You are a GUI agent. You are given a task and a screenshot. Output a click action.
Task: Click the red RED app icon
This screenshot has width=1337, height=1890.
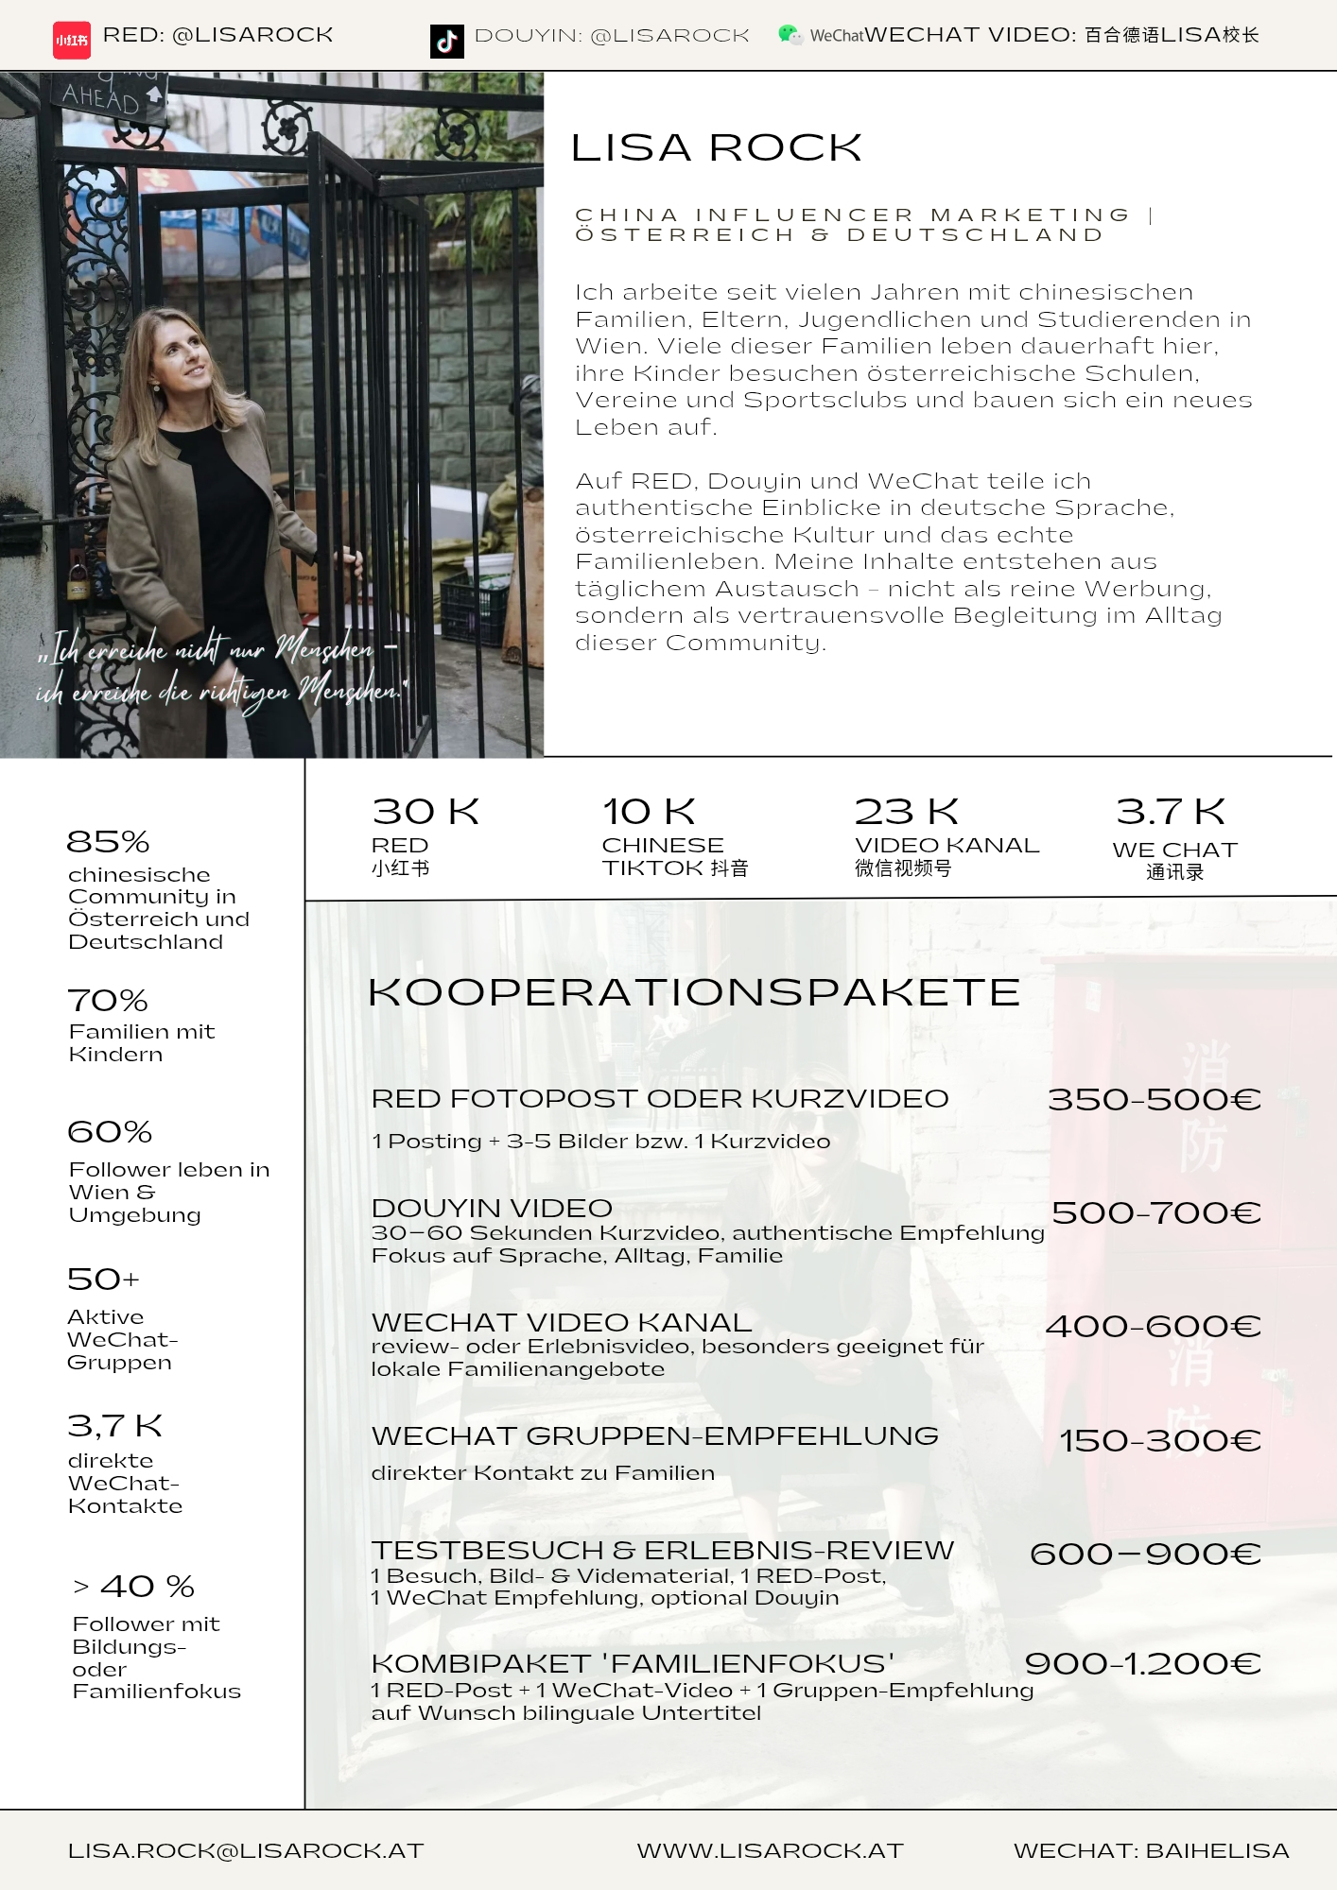[72, 40]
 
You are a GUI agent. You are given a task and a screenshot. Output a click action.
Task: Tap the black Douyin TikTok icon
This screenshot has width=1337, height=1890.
[446, 41]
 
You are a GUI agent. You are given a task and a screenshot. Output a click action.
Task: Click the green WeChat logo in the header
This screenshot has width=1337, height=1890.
[789, 35]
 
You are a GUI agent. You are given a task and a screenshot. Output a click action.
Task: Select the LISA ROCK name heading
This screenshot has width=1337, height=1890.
[716, 147]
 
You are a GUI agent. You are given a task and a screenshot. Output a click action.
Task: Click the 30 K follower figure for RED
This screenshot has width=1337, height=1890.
[425, 812]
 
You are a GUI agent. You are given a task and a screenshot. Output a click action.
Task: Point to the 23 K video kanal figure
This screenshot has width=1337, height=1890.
[906, 812]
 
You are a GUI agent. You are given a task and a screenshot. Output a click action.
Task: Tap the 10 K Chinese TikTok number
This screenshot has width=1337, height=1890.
[649, 812]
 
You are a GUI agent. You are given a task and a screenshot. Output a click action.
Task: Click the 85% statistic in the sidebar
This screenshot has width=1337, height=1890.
[108, 841]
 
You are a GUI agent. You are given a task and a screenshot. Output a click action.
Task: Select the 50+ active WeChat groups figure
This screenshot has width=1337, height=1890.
[103, 1279]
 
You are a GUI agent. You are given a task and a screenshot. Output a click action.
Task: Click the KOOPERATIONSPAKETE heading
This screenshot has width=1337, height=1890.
[693, 992]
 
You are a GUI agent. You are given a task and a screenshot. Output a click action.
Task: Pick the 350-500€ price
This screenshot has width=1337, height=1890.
[1154, 1099]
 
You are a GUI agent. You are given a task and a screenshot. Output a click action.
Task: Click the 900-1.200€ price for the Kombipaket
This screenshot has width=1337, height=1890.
[1142, 1663]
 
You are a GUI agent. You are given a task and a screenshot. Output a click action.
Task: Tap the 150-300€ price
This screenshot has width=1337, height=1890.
[1159, 1440]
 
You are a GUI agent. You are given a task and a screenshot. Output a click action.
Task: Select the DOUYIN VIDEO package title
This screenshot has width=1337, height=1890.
[492, 1208]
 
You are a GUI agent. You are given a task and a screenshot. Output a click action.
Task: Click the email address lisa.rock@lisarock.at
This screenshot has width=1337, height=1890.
[245, 1850]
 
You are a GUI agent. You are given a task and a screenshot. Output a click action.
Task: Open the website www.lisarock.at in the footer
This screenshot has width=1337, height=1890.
[770, 1850]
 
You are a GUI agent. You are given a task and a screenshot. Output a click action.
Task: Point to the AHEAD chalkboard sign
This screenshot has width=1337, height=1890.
[102, 97]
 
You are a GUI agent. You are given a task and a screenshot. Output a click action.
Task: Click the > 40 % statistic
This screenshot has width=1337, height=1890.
[134, 1586]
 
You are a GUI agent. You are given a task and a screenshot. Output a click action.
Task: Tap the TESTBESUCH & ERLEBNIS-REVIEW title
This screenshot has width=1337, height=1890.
[662, 1550]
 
